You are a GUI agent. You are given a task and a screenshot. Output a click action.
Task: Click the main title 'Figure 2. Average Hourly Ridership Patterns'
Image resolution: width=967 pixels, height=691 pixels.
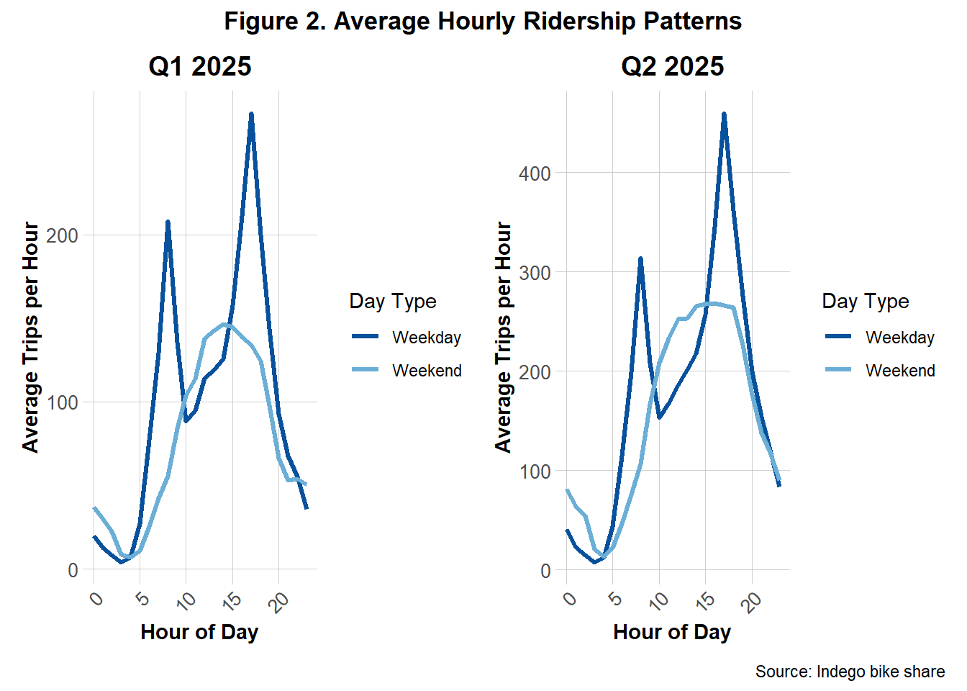pos(483,21)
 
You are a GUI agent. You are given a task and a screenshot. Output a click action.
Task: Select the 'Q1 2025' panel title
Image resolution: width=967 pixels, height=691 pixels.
pos(200,66)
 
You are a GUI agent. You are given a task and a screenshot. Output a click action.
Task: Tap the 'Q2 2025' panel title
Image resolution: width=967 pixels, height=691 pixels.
pos(672,66)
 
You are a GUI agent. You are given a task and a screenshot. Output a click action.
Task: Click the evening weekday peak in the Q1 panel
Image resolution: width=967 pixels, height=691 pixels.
pos(251,114)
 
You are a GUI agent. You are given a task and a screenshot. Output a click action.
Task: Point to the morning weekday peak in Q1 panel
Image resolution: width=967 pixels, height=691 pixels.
pos(168,222)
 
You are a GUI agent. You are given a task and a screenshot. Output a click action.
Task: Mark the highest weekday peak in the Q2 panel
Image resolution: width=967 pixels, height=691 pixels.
pos(724,114)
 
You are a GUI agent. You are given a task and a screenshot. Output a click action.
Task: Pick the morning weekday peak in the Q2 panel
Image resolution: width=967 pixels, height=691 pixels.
pos(640,258)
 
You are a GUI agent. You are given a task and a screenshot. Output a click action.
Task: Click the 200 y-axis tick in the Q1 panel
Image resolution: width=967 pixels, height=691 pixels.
pos(62,235)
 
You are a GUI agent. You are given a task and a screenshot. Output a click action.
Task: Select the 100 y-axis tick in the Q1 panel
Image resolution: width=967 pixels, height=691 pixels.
pos(62,402)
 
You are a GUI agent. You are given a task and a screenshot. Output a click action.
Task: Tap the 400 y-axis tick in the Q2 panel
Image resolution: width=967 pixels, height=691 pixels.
pos(535,173)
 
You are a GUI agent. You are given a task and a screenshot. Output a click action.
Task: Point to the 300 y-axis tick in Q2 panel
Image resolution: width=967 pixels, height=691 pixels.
pos(535,273)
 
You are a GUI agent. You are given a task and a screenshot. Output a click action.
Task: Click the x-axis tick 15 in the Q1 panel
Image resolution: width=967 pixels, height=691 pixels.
pos(232,599)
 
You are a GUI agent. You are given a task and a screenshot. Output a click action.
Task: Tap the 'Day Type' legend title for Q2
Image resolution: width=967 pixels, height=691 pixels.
pos(865,301)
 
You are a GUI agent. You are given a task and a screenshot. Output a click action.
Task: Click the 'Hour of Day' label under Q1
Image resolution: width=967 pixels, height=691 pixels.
pos(199,632)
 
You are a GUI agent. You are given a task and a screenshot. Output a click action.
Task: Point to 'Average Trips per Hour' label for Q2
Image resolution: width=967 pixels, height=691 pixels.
pos(503,337)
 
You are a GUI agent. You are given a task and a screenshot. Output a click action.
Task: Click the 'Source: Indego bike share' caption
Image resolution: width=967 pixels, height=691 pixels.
pos(850,672)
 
